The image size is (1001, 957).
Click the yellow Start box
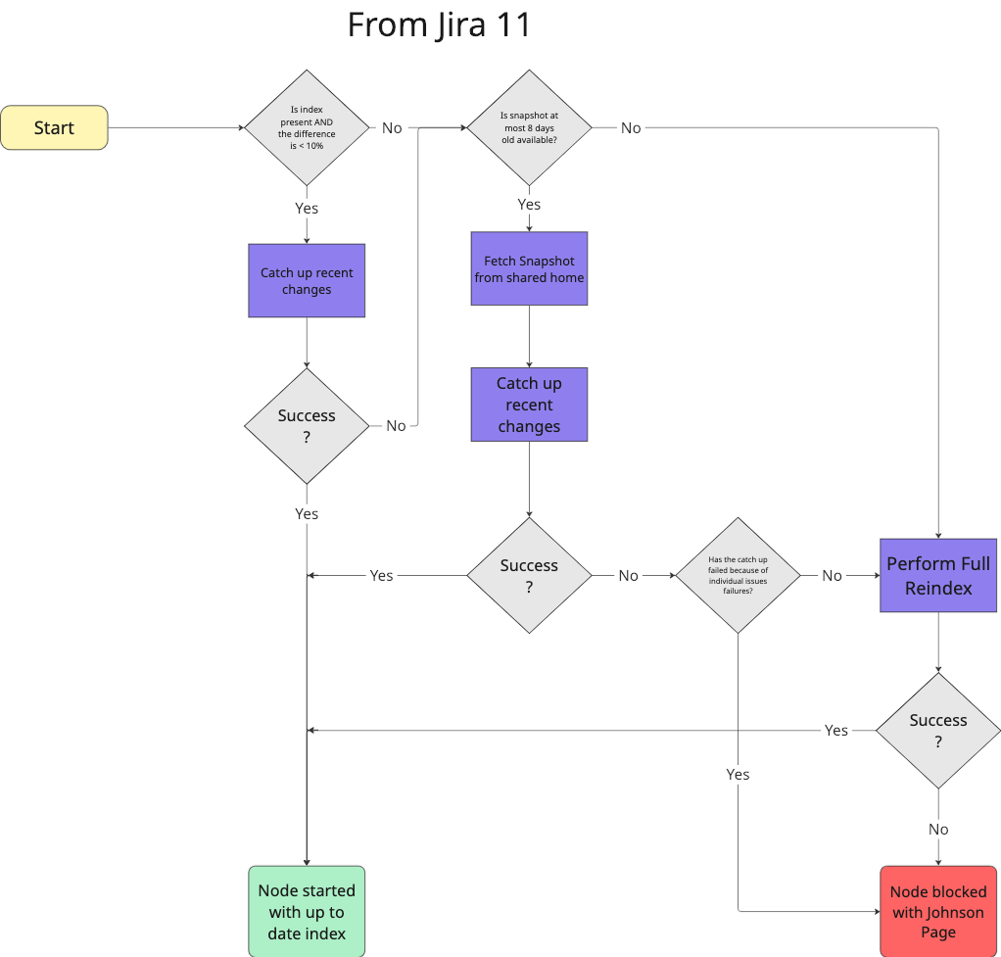54,127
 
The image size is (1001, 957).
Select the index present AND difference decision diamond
307,127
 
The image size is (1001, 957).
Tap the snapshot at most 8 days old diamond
529,127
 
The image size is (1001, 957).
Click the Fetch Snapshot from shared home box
529,268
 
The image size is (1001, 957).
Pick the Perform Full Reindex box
938,575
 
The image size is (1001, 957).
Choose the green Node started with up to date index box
307,911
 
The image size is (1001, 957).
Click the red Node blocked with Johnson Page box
938,911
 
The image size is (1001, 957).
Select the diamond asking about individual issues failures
738,575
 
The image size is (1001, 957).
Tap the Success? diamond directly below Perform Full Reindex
938,731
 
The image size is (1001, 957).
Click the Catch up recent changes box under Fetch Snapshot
529,405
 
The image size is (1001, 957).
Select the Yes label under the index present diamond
307,208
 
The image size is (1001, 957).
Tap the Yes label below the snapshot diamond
529,204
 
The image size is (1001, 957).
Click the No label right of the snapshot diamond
631,127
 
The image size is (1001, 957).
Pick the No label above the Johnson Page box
938,829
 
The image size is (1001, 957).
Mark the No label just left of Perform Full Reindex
832,575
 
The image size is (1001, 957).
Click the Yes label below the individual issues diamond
738,774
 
